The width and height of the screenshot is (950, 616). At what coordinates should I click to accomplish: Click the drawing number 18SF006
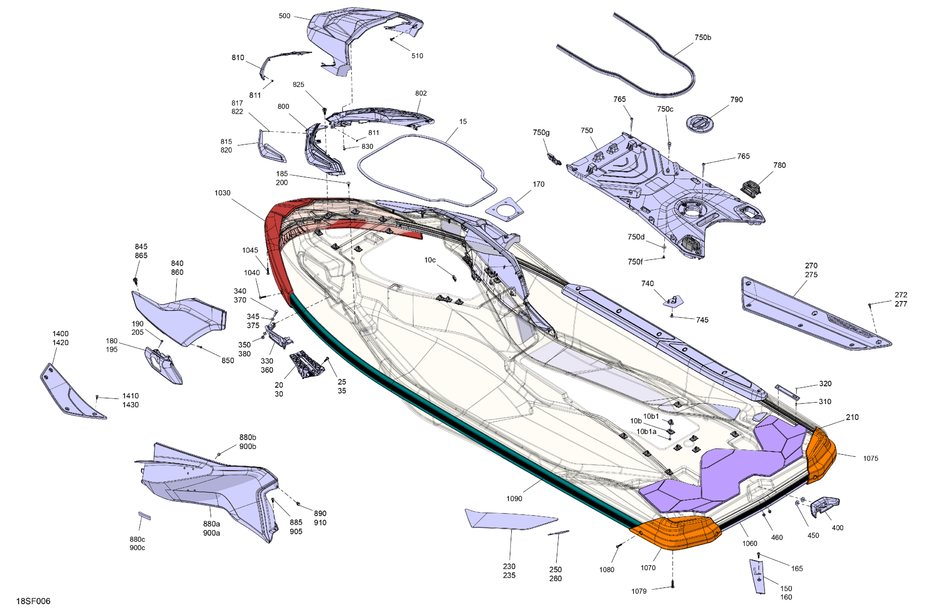pos(33,601)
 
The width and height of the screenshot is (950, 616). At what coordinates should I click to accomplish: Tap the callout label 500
pos(284,16)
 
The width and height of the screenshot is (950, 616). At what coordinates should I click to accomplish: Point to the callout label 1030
pos(222,193)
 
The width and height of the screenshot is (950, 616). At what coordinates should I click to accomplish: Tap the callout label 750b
pos(703,38)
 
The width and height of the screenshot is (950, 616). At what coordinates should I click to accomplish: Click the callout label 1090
pos(514,498)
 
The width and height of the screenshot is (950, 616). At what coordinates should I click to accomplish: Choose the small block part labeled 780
pos(750,187)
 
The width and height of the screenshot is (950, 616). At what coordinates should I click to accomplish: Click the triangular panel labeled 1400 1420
pos(68,393)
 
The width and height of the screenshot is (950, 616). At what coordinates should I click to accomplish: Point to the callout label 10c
pos(430,260)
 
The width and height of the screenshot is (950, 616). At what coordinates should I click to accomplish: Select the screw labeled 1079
pos(672,585)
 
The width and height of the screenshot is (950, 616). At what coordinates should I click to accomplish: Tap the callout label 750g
pos(541,132)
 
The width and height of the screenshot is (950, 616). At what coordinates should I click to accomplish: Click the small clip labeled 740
pos(674,301)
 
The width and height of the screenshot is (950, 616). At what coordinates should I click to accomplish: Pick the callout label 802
pos(421,93)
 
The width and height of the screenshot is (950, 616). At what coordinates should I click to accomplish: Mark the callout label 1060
pos(750,543)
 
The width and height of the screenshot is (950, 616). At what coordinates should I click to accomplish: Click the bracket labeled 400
pos(824,506)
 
